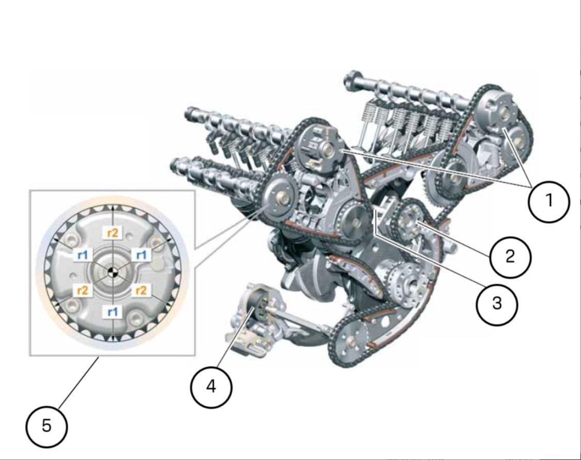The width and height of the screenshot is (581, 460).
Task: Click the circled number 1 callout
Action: click(549, 202)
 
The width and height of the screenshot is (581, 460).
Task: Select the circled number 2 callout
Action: click(510, 257)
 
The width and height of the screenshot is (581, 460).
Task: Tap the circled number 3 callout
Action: click(497, 304)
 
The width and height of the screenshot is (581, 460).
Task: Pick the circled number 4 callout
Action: click(211, 388)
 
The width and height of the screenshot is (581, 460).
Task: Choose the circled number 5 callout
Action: click(47, 426)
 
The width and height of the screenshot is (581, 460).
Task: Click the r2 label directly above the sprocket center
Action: click(113, 233)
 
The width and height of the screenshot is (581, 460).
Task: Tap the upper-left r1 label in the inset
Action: click(83, 255)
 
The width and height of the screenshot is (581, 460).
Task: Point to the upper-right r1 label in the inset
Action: click(141, 255)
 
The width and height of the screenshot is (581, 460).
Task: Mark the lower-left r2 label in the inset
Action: click(83, 290)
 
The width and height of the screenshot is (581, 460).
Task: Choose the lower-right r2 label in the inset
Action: click(141, 290)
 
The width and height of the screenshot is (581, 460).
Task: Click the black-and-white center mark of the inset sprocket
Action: click(111, 272)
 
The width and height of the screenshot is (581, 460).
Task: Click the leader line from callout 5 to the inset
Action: click(78, 382)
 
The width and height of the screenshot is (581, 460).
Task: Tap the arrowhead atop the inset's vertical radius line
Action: click(113, 208)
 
